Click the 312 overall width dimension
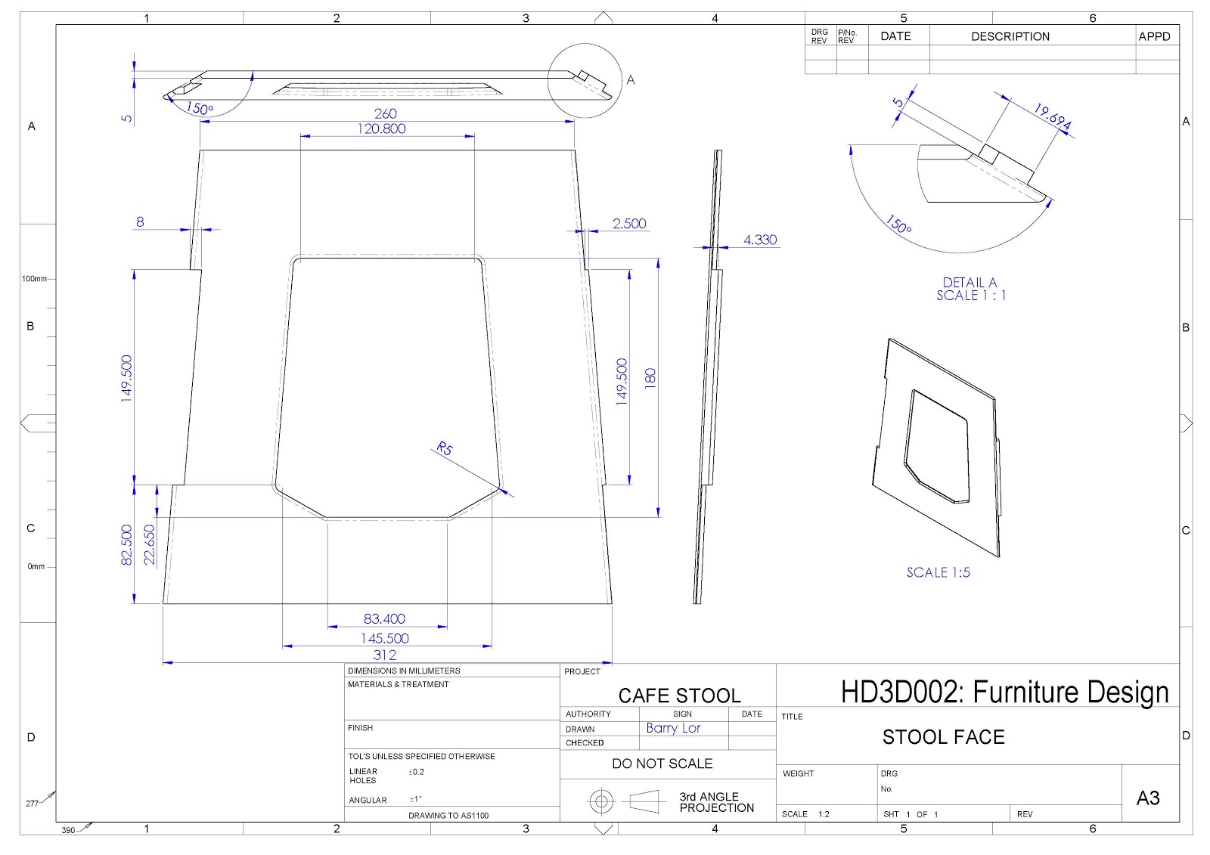(x=384, y=655)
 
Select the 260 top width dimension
(x=385, y=113)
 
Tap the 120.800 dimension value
(x=381, y=129)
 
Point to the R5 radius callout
(x=444, y=449)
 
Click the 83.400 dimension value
(x=384, y=619)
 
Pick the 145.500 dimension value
(x=384, y=639)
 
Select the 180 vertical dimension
(x=650, y=378)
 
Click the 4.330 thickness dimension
(x=759, y=240)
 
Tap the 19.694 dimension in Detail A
(x=1052, y=116)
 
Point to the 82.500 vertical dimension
(x=127, y=544)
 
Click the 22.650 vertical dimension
(x=149, y=544)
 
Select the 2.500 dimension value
(x=629, y=223)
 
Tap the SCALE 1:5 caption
(x=938, y=572)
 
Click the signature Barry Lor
(x=673, y=728)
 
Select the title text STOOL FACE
(x=943, y=737)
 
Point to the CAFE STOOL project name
(x=679, y=695)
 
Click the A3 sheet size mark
(x=1147, y=798)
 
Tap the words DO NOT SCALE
(x=662, y=764)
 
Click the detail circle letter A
(x=631, y=79)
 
